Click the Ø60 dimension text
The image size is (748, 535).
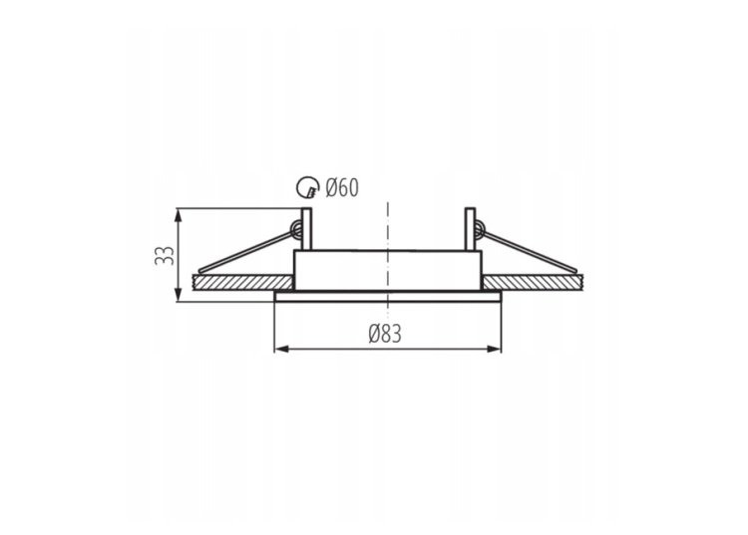tap(341, 187)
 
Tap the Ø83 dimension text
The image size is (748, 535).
tap(385, 334)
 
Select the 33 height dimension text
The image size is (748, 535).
tap(165, 255)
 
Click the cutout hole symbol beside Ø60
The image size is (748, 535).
tap(307, 187)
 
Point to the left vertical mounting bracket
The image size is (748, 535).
tap(306, 229)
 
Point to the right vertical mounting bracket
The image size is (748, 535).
tap(470, 229)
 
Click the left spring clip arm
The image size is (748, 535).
tap(246, 251)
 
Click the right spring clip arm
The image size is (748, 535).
tap(530, 251)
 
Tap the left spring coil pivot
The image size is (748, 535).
tap(296, 230)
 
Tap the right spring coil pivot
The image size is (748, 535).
tap(480, 230)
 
